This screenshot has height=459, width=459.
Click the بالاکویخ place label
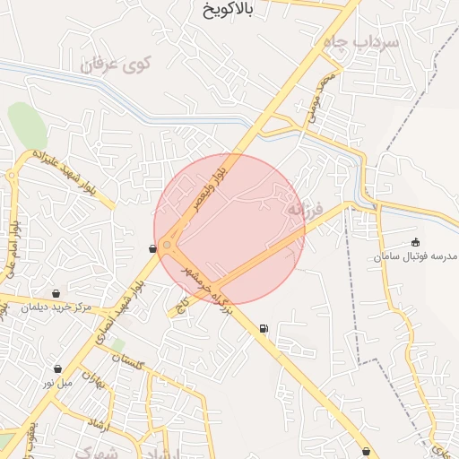(x=216, y=12)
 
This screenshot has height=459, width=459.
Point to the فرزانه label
(x=296, y=208)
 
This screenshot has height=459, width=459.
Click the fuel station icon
(x=263, y=329)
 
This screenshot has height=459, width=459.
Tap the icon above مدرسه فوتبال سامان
(x=415, y=242)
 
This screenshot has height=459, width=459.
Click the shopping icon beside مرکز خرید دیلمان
(x=57, y=293)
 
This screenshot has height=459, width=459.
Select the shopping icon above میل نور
(x=57, y=368)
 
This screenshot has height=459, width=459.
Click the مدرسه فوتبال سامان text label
(x=410, y=257)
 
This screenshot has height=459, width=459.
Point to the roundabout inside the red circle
(x=168, y=245)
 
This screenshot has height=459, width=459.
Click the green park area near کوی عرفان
(x=27, y=126)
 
